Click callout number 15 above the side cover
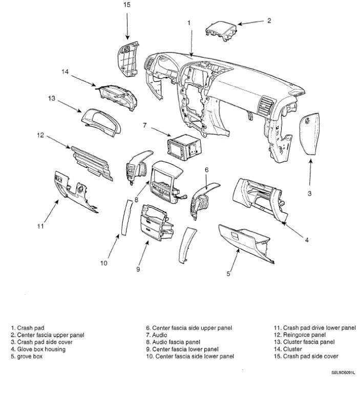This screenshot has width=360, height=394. tap(128, 5)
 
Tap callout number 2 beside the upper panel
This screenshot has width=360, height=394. tap(269, 21)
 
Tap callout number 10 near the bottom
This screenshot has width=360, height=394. tap(104, 264)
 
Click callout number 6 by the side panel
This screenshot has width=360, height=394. tap(206, 169)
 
